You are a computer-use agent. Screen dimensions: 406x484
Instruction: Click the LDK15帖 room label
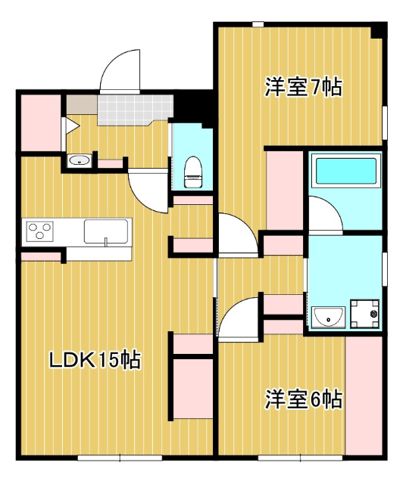point(95,359)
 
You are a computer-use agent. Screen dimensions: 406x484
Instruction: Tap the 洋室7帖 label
point(303,88)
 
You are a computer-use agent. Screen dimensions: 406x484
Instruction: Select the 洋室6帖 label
point(303,399)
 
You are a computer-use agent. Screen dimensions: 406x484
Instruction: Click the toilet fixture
point(193,172)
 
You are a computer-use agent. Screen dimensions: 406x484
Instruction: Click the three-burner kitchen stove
point(39,231)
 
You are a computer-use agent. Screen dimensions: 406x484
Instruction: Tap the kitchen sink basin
point(106,231)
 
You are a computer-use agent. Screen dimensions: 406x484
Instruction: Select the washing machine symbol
point(364,314)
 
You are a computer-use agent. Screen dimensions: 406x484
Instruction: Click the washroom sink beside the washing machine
point(328,317)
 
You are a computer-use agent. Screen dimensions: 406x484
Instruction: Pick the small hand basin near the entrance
point(80,160)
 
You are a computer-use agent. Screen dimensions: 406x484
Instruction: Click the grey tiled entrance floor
point(135,110)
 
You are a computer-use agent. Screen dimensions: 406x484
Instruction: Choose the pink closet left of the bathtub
point(285,191)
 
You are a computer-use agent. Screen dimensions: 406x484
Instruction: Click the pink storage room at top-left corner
point(40,123)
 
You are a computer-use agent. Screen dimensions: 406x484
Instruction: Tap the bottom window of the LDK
point(120,458)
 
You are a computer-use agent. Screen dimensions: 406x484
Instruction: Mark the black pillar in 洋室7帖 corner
point(379,32)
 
